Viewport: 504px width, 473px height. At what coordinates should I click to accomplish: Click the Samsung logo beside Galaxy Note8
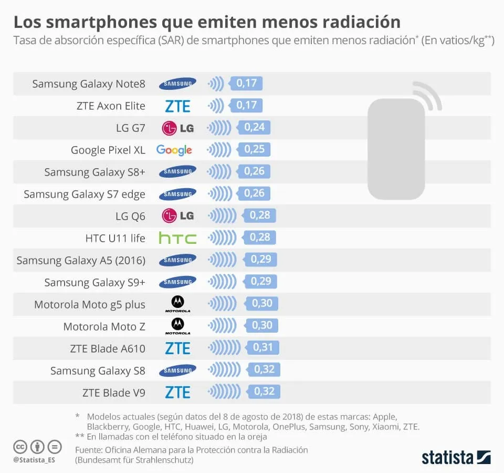(x=177, y=84)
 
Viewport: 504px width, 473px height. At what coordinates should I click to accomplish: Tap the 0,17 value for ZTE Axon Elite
(x=246, y=106)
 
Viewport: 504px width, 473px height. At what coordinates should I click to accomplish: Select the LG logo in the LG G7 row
(x=177, y=128)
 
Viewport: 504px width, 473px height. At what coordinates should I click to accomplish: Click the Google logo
(x=174, y=150)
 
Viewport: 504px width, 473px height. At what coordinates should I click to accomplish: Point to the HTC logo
(x=177, y=239)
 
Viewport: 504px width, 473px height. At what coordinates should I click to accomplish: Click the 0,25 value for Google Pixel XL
(x=254, y=150)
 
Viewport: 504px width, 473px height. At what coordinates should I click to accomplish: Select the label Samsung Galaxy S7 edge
(x=85, y=194)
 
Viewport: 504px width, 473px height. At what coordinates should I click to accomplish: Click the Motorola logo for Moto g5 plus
(x=177, y=304)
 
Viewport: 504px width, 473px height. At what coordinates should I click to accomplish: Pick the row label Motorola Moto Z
(x=104, y=326)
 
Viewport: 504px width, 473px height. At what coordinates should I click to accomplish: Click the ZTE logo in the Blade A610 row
(x=177, y=348)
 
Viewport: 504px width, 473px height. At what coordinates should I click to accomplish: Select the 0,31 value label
(x=263, y=347)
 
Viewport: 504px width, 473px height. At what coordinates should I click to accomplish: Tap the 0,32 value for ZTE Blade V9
(x=264, y=392)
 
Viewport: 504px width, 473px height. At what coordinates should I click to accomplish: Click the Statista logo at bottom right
(x=456, y=457)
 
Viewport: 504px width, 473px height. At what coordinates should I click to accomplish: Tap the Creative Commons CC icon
(x=20, y=447)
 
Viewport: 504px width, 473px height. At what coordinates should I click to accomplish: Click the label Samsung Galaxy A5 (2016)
(x=81, y=260)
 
